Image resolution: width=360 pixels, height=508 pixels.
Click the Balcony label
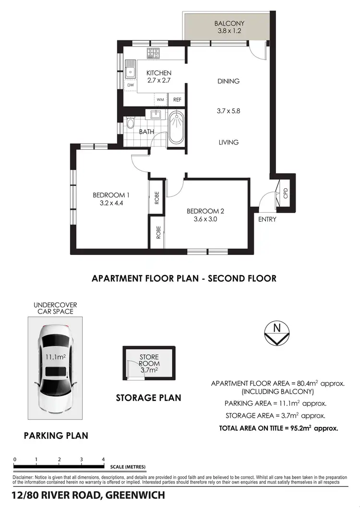point(229,23)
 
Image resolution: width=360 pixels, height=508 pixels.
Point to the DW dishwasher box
point(130,85)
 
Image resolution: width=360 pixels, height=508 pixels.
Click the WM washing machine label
point(160,100)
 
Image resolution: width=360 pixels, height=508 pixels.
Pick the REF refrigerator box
point(177,100)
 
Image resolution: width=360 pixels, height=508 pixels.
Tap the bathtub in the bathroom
point(177,127)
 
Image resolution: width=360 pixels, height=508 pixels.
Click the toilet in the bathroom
point(130,124)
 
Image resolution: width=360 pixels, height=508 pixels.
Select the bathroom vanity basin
point(156,115)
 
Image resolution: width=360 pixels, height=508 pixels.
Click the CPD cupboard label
point(286,193)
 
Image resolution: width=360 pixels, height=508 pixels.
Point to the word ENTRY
point(267,219)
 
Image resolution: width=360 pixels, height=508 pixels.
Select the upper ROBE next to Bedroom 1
point(157,198)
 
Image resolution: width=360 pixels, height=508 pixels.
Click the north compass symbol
point(276,332)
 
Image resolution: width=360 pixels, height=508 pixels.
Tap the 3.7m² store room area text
point(148,370)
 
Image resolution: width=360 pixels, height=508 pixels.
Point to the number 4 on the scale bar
point(104,460)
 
